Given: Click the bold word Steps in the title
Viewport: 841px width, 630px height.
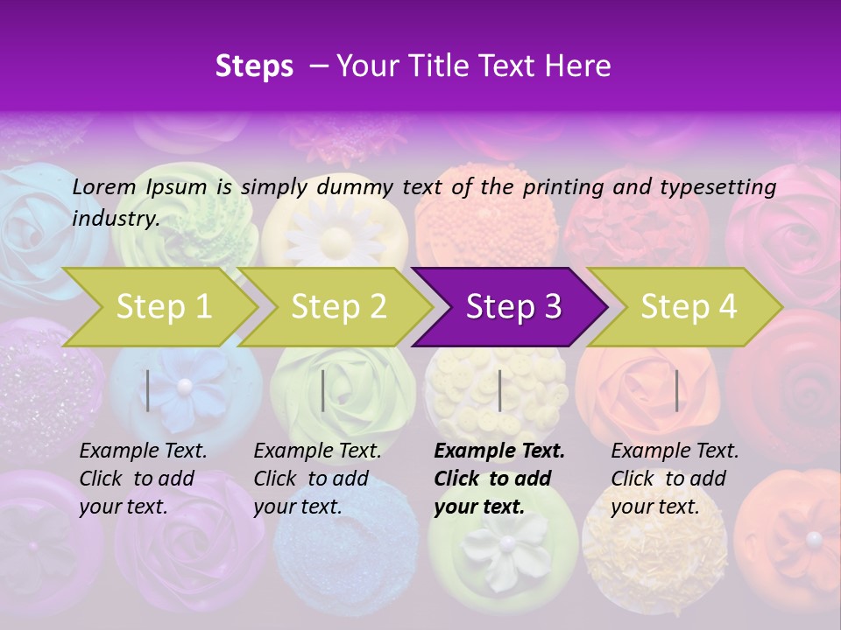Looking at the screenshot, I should coord(254,66).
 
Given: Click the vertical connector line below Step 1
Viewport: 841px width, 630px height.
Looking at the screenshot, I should coord(148,390).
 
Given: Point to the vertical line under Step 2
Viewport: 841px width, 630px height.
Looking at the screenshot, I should coord(323,390).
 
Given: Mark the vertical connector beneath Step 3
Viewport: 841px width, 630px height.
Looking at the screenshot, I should coord(499,390).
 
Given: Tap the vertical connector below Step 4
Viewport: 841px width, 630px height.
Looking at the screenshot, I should coord(676,390).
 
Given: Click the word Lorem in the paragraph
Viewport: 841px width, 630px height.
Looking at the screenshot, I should coord(104,187).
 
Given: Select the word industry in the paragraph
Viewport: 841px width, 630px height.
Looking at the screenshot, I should coord(113,219).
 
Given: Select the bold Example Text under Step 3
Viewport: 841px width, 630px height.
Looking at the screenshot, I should coord(499,451).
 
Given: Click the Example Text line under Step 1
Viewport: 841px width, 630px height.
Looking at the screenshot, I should coord(143,451).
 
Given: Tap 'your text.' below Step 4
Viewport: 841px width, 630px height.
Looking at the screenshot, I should coord(654,507).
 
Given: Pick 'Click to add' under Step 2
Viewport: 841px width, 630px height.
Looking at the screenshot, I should coord(310,479).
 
